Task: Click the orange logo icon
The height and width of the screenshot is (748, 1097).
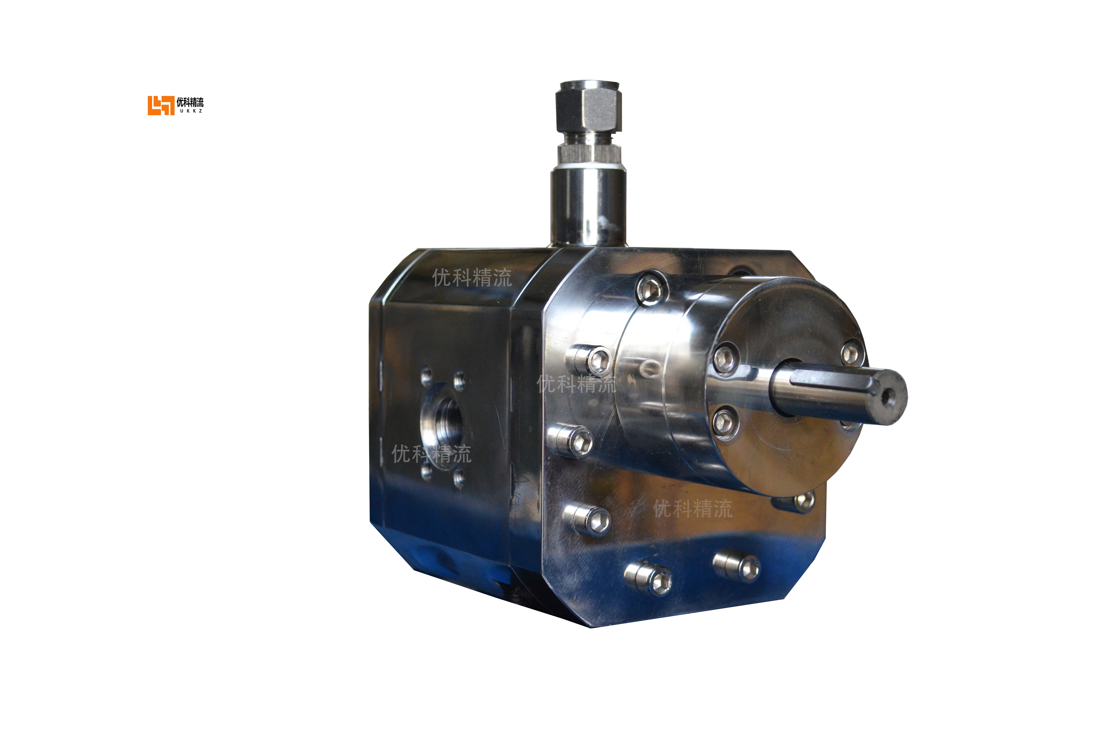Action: [x=160, y=105]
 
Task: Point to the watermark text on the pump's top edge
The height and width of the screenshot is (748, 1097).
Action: [x=472, y=278]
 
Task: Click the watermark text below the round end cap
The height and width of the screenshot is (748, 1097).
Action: [x=693, y=509]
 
